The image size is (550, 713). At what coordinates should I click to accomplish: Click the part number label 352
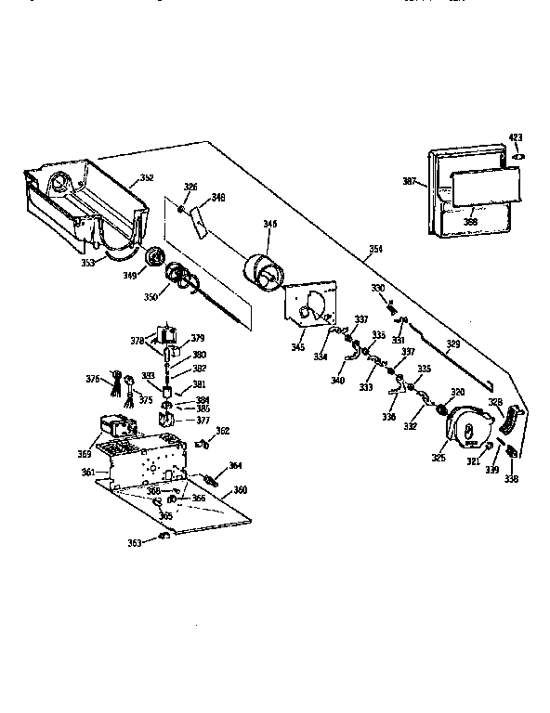(x=147, y=177)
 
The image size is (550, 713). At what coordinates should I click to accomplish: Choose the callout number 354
(x=374, y=249)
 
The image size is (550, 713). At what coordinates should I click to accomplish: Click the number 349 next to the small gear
(x=129, y=274)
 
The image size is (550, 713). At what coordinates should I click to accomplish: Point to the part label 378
(x=137, y=341)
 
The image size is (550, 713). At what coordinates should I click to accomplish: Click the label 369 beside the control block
(x=85, y=454)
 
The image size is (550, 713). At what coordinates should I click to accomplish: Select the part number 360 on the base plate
(x=240, y=489)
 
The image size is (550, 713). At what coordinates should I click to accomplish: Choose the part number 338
(x=511, y=479)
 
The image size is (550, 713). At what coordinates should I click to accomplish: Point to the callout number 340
(x=337, y=380)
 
